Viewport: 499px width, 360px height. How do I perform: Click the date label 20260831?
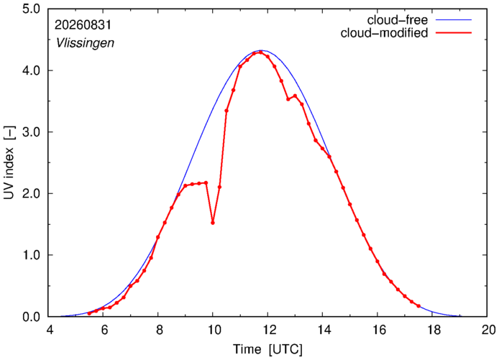[x=83, y=25]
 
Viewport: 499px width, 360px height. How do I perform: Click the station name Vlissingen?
[x=85, y=43]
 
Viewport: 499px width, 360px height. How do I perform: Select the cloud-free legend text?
[x=398, y=20]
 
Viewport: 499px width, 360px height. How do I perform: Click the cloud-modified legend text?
[x=384, y=33]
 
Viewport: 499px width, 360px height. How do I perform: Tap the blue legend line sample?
[x=454, y=20]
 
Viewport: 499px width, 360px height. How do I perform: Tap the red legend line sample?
[x=454, y=33]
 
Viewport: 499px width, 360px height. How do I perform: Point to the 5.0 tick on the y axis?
[x=32, y=9]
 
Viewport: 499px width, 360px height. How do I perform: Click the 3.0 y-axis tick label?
[x=32, y=132]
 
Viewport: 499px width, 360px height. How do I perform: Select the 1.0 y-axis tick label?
[x=32, y=255]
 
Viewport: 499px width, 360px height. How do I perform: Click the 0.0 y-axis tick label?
[x=32, y=317]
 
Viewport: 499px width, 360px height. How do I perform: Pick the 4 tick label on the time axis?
[x=50, y=330]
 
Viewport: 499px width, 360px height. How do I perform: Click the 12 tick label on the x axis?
[x=268, y=330]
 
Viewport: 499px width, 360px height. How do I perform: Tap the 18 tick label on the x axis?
[x=433, y=330]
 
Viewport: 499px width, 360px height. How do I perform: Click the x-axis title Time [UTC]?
[x=267, y=349]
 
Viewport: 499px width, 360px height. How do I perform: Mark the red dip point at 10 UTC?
[x=213, y=223]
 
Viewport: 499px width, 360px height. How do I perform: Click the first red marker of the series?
[x=89, y=313]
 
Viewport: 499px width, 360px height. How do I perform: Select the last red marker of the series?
[x=418, y=306]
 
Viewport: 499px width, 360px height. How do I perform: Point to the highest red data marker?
[x=260, y=52]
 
